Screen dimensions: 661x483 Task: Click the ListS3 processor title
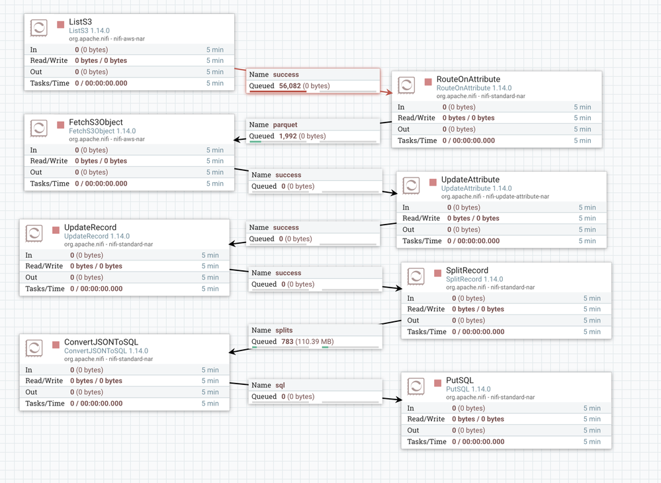(x=80, y=21)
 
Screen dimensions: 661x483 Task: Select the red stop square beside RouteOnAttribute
(x=428, y=81)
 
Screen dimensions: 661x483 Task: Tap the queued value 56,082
(x=290, y=85)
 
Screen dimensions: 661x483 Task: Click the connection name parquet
(x=285, y=125)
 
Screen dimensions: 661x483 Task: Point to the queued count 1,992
(x=288, y=136)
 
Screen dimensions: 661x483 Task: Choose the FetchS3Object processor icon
(x=39, y=128)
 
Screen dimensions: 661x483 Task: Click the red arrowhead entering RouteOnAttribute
(x=388, y=92)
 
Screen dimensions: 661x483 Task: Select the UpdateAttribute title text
(x=470, y=180)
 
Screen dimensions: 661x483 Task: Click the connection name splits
(x=284, y=330)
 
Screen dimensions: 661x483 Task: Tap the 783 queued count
(x=288, y=342)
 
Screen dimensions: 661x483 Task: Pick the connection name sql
(x=280, y=385)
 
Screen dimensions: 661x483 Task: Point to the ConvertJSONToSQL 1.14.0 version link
(x=106, y=351)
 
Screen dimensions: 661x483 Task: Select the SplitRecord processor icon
(x=416, y=276)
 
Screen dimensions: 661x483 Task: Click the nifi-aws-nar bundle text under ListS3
(x=129, y=39)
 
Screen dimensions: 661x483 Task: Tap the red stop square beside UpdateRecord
(x=56, y=230)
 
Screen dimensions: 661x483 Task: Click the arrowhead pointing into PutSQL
(x=398, y=400)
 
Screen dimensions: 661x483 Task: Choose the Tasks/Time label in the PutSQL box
(x=427, y=442)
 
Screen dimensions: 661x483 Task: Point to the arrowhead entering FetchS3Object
(x=239, y=139)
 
